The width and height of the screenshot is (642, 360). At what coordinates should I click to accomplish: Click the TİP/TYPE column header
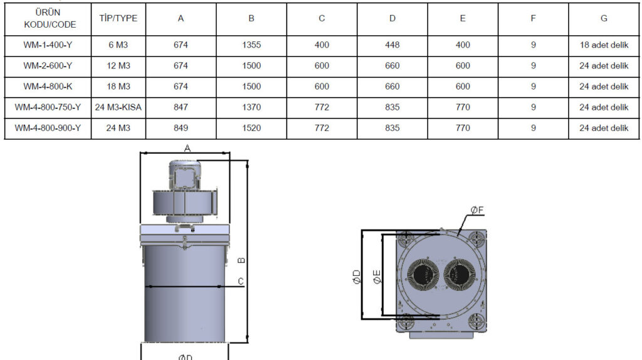point(118,18)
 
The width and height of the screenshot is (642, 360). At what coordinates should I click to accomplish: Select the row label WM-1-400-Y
point(48,45)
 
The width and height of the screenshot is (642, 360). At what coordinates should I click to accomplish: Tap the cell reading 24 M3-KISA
point(118,107)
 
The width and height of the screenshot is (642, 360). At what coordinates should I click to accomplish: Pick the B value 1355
point(251,45)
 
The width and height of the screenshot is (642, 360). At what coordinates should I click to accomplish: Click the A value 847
point(181,107)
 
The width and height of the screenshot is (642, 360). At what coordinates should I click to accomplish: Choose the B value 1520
point(251,128)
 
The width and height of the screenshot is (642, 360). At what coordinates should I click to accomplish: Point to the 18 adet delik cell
point(603,45)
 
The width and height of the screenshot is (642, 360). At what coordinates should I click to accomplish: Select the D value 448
point(392,45)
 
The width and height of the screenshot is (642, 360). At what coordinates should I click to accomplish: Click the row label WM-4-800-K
point(48,87)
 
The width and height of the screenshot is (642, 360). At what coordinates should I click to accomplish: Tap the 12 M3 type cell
point(118,66)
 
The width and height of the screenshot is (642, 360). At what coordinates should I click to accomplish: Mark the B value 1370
point(251,107)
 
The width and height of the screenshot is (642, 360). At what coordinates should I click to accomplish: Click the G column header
point(603,18)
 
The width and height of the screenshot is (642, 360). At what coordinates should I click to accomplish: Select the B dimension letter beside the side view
point(242,259)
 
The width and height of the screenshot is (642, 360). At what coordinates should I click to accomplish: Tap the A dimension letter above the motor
point(187,148)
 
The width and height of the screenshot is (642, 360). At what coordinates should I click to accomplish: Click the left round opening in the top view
point(424,276)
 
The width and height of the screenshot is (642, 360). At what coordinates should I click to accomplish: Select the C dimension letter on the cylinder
point(241,281)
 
